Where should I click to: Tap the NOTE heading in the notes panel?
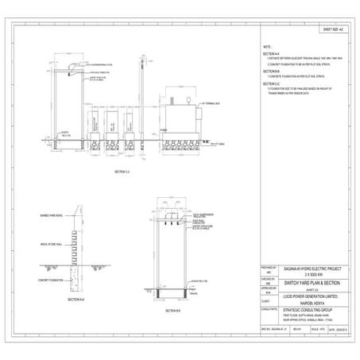click(x=268, y=48)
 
